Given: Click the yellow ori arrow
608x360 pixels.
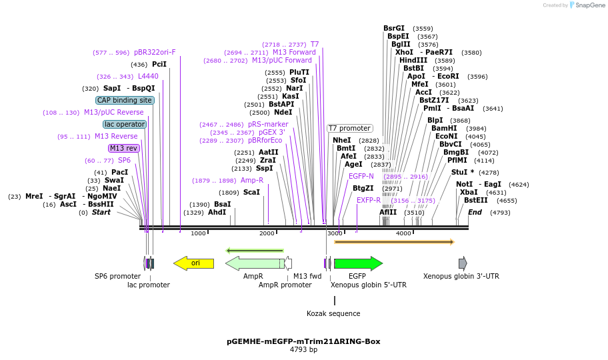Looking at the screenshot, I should pyautogui.click(x=194, y=263).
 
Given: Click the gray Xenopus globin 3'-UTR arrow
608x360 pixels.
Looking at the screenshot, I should pyautogui.click(x=463, y=263).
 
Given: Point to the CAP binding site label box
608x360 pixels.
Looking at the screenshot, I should pyautogui.click(x=125, y=100).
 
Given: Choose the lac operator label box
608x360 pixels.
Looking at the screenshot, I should pyautogui.click(x=125, y=124).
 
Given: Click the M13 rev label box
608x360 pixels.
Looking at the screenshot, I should pyautogui.click(x=124, y=148).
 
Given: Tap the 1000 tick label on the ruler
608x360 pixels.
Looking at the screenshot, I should pyautogui.click(x=198, y=233).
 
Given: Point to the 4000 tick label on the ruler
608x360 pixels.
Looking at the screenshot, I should pyautogui.click(x=403, y=233).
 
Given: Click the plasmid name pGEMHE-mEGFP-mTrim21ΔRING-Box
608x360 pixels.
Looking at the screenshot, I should pyautogui.click(x=303, y=341).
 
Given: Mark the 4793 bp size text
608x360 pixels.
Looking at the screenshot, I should pyautogui.click(x=303, y=349).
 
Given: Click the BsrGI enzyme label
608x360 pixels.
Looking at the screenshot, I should pyautogui.click(x=394, y=28).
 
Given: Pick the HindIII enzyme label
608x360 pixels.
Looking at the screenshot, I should pyautogui.click(x=413, y=60).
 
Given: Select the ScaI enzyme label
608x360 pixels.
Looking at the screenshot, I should pyautogui.click(x=251, y=192).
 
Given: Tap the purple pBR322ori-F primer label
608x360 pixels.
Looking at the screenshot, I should pyautogui.click(x=155, y=52).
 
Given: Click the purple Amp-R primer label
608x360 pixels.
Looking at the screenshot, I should pyautogui.click(x=252, y=180).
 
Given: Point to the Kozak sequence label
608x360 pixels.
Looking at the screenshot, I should pyautogui.click(x=333, y=313).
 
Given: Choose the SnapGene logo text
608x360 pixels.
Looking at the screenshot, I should pyautogui.click(x=591, y=5).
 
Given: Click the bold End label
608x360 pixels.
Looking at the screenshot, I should pyautogui.click(x=475, y=212).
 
